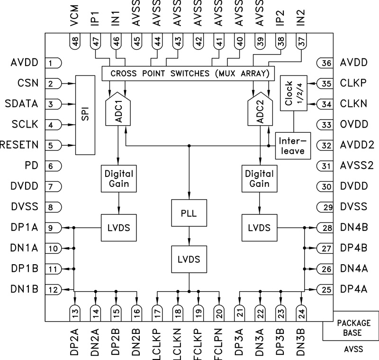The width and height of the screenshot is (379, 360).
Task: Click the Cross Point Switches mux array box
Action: pyautogui.click(x=189, y=74)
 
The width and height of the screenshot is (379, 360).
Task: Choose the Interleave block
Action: pyautogui.click(x=290, y=146)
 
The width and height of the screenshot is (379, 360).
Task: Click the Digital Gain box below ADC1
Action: pyautogui.click(x=118, y=178)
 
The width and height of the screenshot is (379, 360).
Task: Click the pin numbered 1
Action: pyautogui.click(x=54, y=63)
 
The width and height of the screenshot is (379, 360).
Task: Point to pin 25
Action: pyautogui.click(x=324, y=289)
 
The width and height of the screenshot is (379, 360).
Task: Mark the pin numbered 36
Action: pyautogui.click(x=324, y=63)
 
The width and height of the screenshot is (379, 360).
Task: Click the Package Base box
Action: pyautogui.click(x=350, y=327)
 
